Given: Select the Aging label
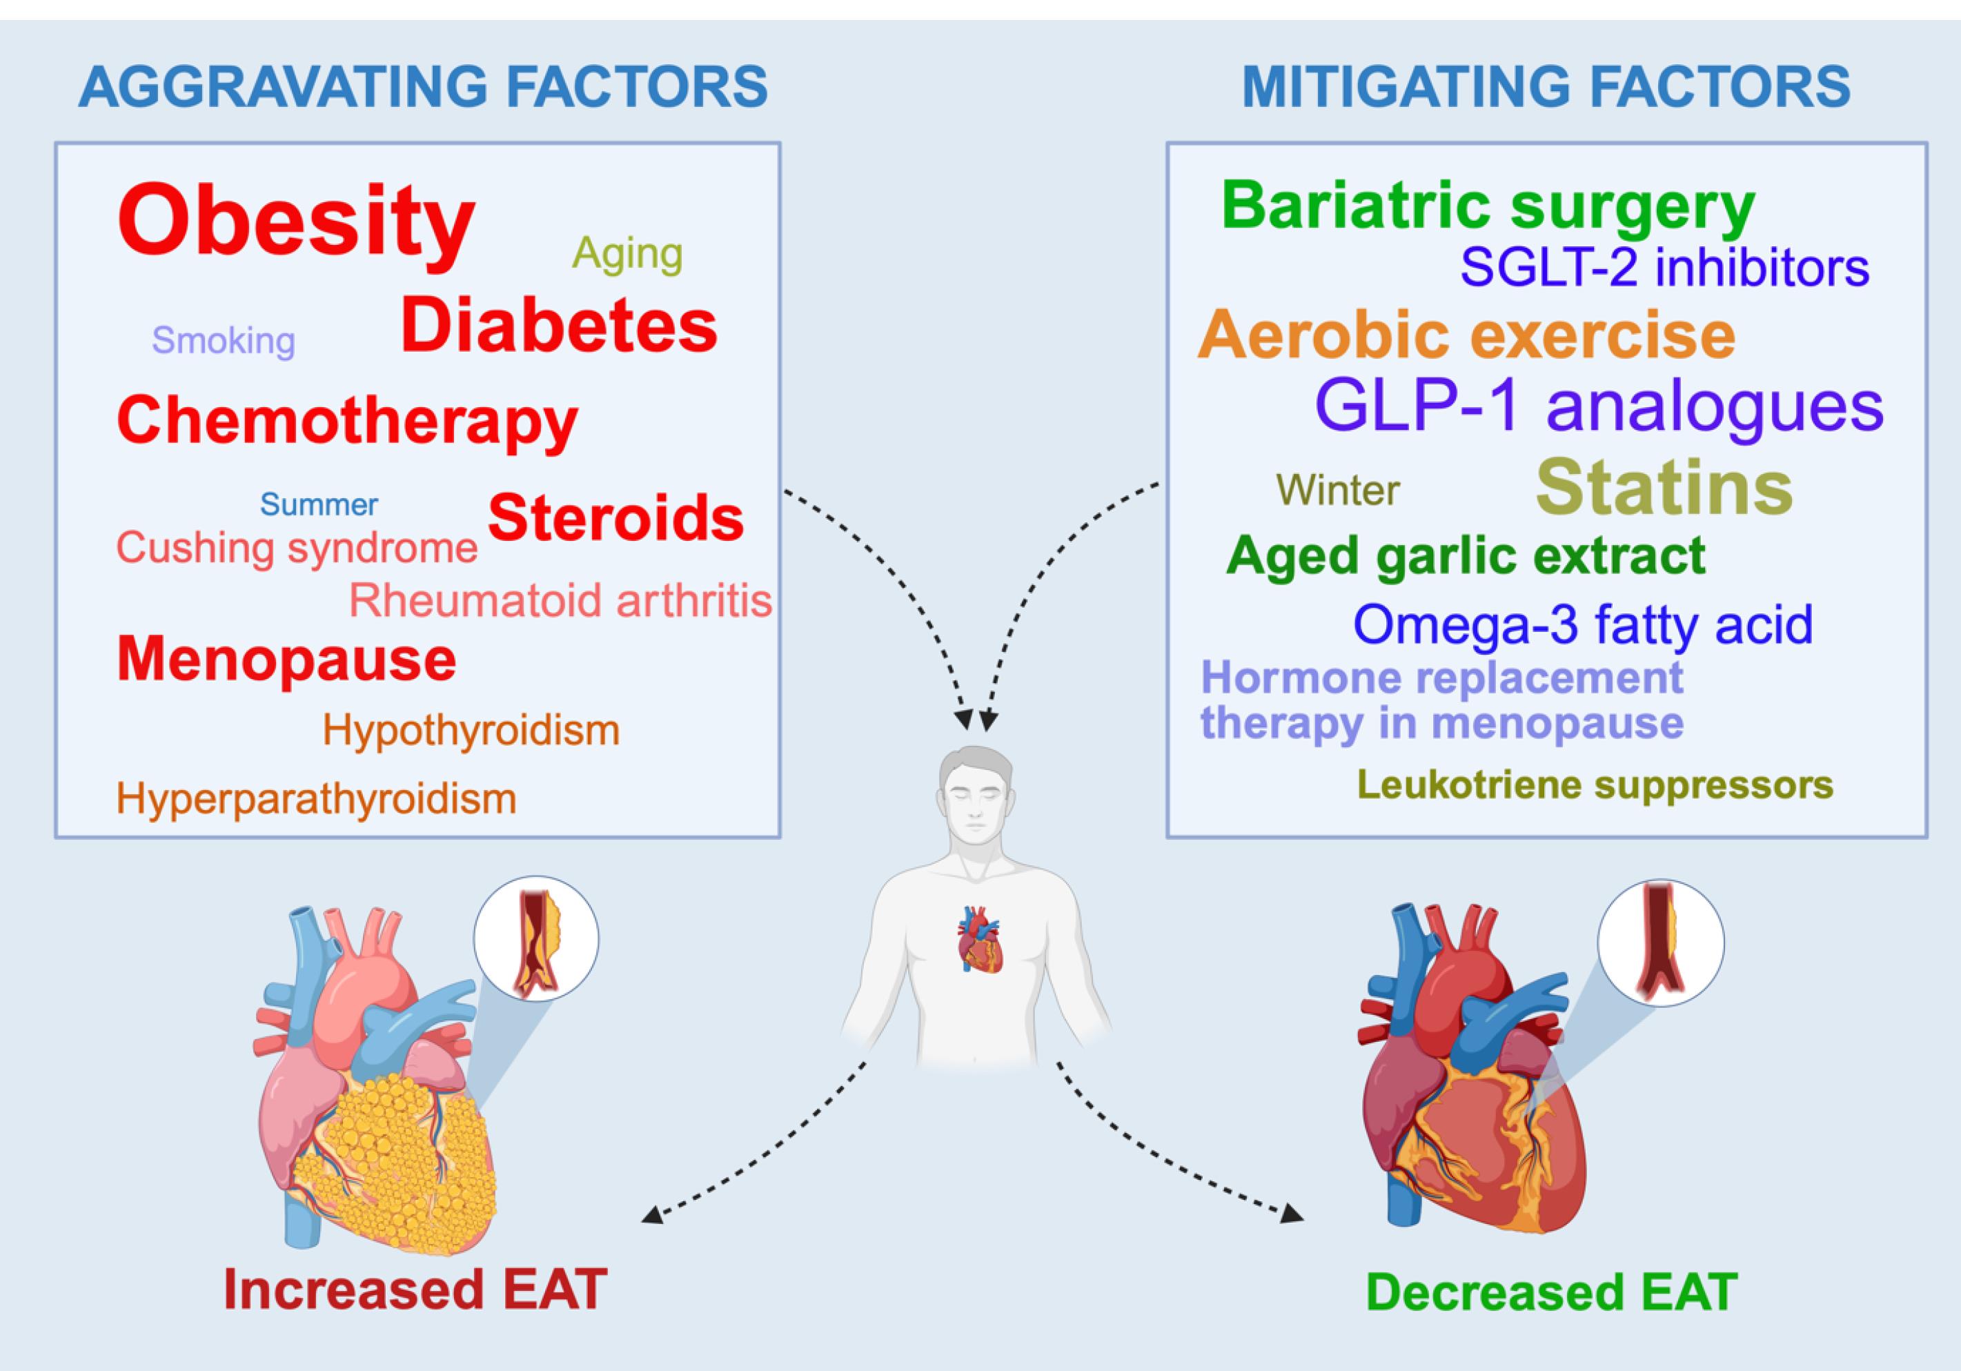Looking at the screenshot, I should point(627,254).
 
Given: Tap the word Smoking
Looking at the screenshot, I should point(224,341).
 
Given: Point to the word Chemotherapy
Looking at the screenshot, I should point(347,421).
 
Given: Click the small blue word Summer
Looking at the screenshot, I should point(319,505).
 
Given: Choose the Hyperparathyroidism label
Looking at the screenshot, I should point(316,800).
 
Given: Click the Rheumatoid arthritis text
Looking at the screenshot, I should point(560,600).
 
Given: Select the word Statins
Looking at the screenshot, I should point(1664,488).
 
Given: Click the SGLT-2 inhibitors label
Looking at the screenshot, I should point(1664,267).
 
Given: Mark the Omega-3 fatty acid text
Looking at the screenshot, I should point(1583,624).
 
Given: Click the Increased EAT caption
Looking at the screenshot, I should point(415,1290).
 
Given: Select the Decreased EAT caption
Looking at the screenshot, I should point(1552,1292).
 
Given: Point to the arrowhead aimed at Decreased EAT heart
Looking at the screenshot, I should point(1294,1214).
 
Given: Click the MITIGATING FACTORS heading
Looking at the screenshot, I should point(1546,87).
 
